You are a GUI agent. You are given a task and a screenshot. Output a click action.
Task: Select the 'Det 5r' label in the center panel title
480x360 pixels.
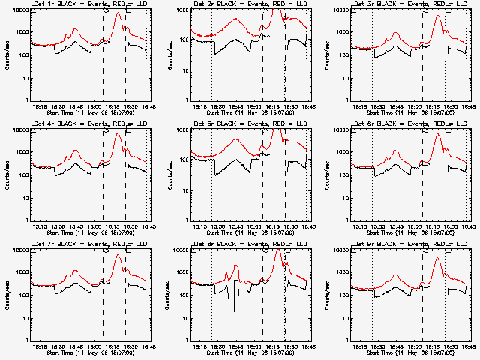tap(205, 125)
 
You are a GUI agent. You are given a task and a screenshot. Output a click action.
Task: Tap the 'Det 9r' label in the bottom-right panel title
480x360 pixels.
tap(364, 244)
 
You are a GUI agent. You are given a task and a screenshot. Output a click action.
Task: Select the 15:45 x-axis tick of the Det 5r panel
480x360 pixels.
tap(236, 226)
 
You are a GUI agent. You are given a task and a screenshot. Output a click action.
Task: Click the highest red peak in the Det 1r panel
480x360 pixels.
tap(118, 15)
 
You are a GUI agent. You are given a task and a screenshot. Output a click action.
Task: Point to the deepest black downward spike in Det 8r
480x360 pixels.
tap(234, 310)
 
